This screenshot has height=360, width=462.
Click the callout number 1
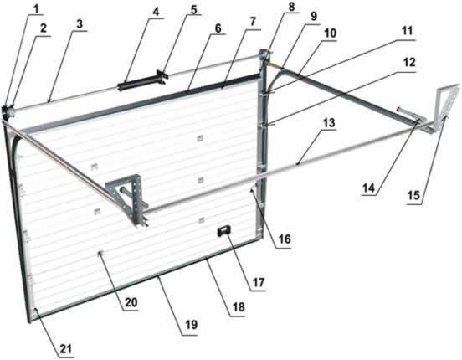point(36,9)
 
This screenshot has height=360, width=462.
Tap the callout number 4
point(156,12)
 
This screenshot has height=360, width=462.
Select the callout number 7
point(253,22)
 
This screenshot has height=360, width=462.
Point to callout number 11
point(408,31)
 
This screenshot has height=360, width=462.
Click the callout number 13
point(329,122)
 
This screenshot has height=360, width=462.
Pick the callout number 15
point(413,195)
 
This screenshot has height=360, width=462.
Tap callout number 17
point(259,282)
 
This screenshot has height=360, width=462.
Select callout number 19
point(191,325)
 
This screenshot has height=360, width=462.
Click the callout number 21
point(66,349)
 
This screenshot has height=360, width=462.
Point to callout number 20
point(131,302)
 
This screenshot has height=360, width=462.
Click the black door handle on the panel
point(223,230)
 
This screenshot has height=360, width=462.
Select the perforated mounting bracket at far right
point(446,107)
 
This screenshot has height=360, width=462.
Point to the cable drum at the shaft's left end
point(7,111)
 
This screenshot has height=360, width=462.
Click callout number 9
point(314,16)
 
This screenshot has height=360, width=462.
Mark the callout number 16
point(285,239)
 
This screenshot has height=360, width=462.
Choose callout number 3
point(80,24)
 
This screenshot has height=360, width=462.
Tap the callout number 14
point(368,188)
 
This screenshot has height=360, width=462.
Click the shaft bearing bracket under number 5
point(162,77)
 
